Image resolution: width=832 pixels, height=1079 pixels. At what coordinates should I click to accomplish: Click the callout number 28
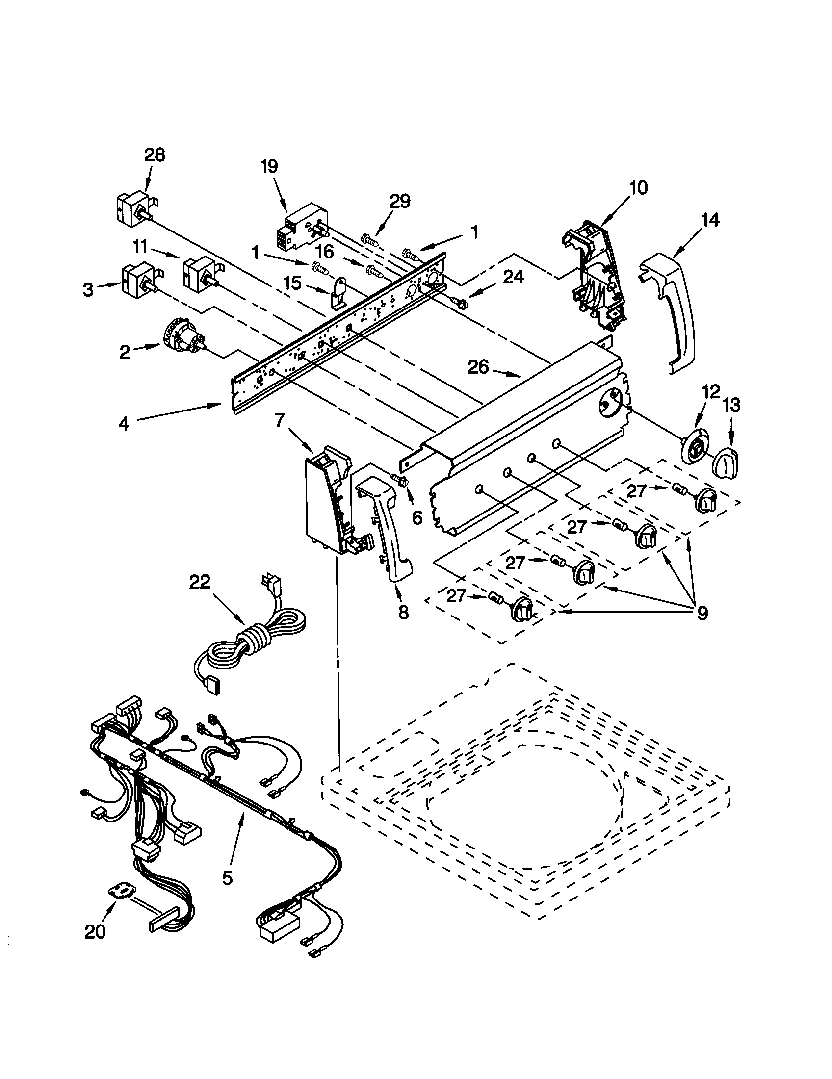tap(155, 155)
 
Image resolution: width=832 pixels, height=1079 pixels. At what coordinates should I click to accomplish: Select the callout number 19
tap(269, 166)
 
